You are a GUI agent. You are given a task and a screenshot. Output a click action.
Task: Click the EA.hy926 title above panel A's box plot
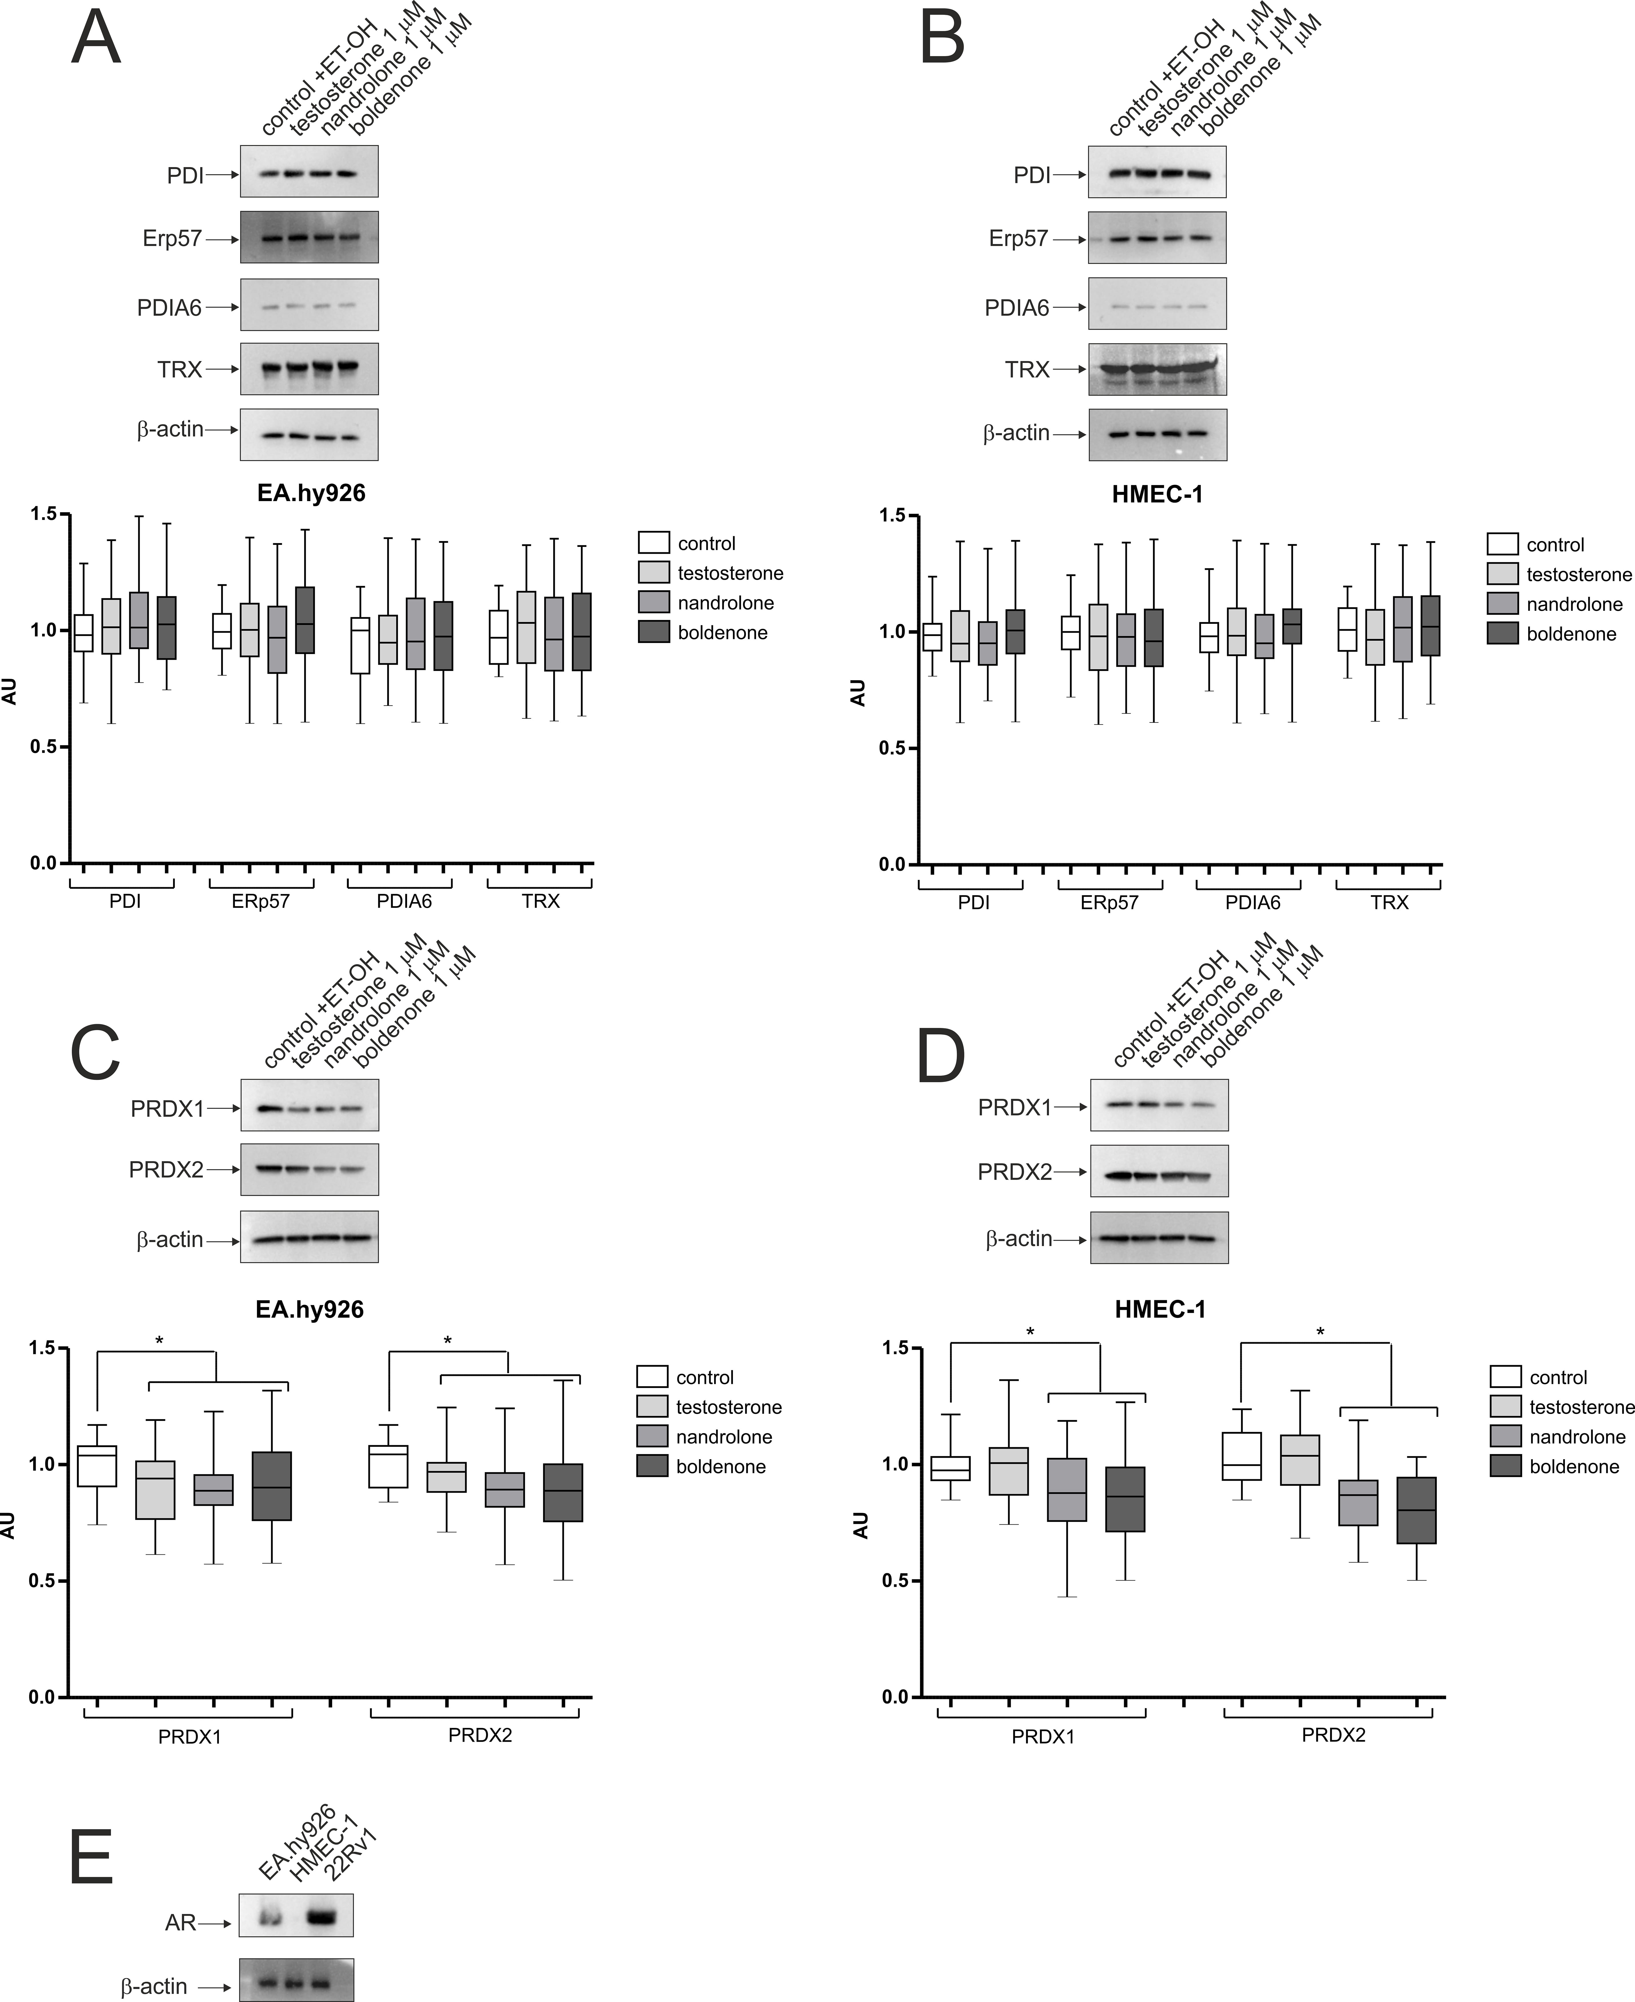pyautogui.click(x=311, y=492)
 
